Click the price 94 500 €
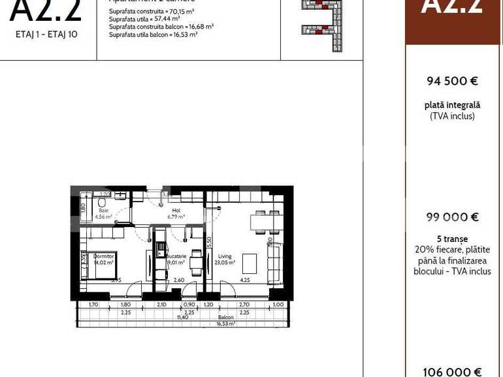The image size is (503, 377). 453,81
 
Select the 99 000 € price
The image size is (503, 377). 453,217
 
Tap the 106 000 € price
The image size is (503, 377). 453,372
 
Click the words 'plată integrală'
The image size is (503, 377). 453,105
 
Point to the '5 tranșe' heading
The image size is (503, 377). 453,239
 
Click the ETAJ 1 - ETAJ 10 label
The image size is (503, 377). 46,34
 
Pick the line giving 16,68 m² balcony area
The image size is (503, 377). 161,27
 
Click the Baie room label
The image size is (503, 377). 103,211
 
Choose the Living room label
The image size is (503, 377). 226,256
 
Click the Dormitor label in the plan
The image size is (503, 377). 105,256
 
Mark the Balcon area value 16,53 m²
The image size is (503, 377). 225,323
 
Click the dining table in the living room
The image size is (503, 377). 267,222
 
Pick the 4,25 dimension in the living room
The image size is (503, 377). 245,280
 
